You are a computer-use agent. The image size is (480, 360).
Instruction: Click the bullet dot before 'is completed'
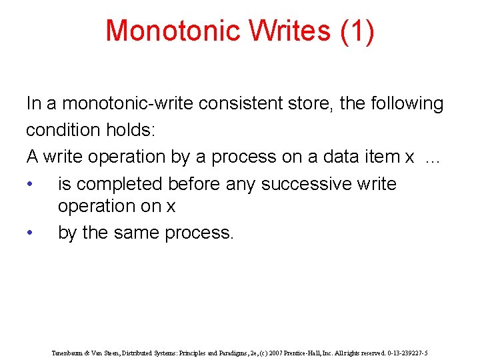[30, 184]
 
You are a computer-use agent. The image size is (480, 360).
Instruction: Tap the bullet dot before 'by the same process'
[30, 233]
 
